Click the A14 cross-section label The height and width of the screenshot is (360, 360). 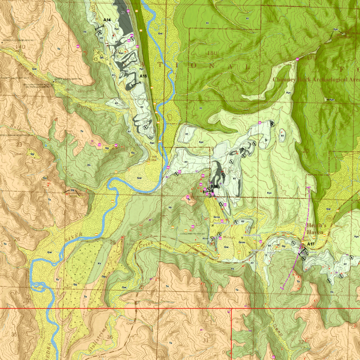[x=107, y=20]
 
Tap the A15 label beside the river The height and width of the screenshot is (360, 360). [x=143, y=75]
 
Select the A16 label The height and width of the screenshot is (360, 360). [x=214, y=187]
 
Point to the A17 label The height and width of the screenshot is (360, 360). [x=310, y=244]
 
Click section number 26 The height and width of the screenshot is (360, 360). [x=17, y=239]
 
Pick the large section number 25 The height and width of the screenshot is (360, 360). [x=113, y=242]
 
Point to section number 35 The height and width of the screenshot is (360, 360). [x=14, y=334]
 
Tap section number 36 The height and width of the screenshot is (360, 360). [x=110, y=337]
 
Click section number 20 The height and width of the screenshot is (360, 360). [x=306, y=151]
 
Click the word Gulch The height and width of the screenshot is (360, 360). [x=85, y=107]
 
